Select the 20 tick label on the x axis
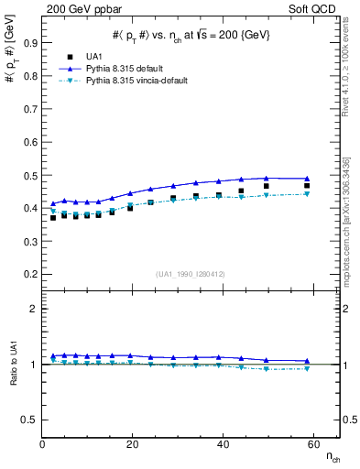coord(132,443)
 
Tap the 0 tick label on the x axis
coord(43,443)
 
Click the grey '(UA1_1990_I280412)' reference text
coord(190,272)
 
